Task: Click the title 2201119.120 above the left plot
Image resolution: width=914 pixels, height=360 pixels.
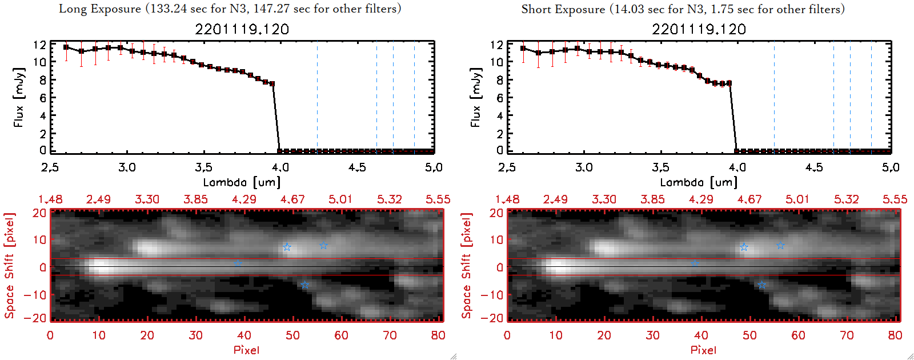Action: tap(242, 29)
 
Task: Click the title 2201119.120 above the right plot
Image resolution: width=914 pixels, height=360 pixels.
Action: tap(699, 29)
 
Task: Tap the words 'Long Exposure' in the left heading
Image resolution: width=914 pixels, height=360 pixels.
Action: tap(100, 9)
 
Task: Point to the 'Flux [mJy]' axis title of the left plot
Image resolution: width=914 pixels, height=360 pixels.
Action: tap(19, 97)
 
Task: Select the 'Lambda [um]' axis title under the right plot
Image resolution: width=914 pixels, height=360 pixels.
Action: tap(699, 182)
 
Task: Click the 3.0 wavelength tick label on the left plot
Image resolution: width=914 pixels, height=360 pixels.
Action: tap(127, 167)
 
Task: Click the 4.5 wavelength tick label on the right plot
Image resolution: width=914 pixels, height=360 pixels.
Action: tap(814, 167)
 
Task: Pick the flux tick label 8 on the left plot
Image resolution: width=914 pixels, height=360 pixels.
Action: tap(43, 80)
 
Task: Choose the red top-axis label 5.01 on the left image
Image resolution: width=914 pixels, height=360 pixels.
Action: tap(340, 199)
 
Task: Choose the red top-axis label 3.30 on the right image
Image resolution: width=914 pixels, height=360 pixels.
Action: tap(604, 199)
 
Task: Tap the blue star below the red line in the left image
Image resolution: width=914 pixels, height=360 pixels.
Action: tap(304, 285)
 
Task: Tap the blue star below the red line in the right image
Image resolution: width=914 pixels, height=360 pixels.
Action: tap(761, 285)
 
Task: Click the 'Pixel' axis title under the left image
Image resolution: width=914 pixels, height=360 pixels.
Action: tap(246, 350)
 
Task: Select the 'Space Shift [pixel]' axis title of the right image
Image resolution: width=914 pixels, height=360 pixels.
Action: tap(467, 266)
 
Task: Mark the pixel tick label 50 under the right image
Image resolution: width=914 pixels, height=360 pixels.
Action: tap(749, 335)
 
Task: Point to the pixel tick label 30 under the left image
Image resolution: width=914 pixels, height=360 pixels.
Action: tap(195, 335)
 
